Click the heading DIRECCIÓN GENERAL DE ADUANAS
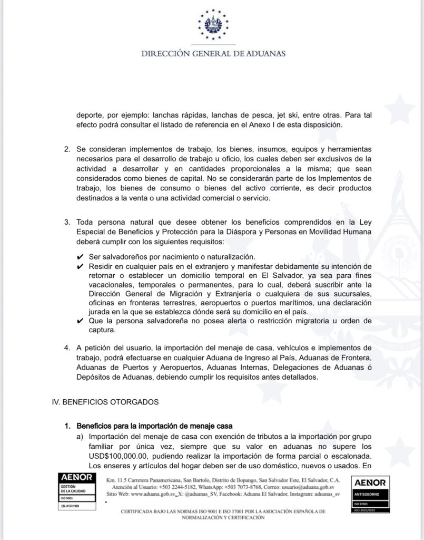(212, 53)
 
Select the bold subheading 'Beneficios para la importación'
(155, 426)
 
